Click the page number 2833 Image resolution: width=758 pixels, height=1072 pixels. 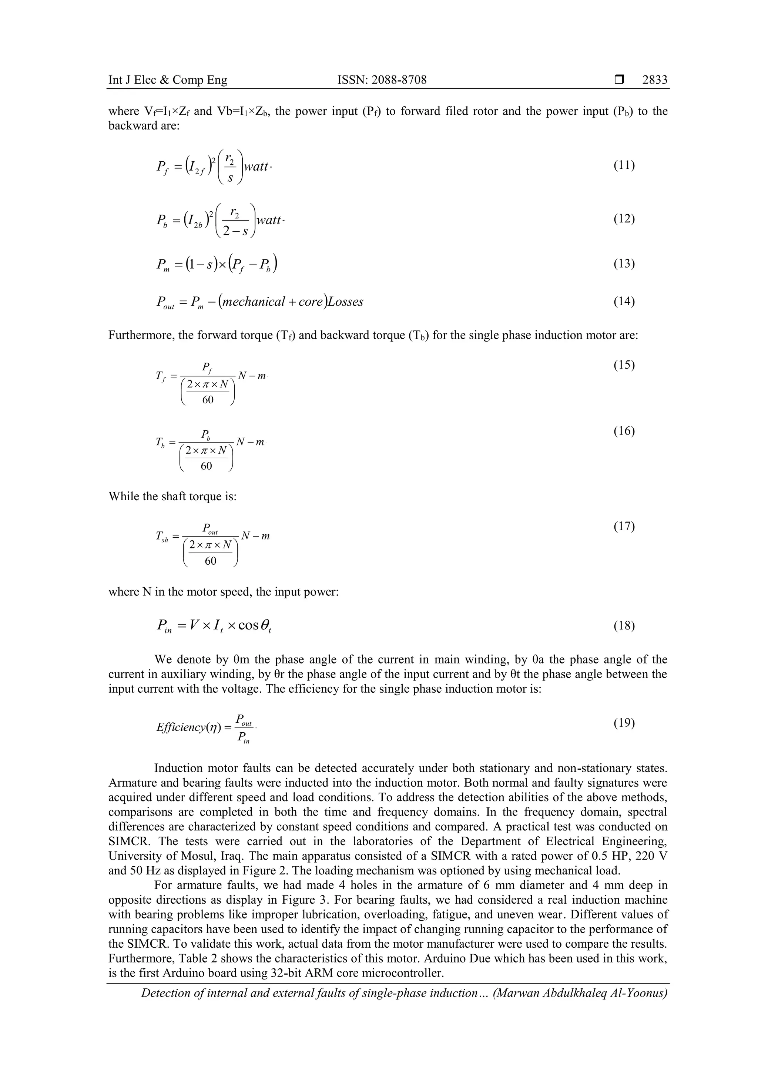(x=655, y=80)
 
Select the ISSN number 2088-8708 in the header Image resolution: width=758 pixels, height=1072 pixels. (x=382, y=80)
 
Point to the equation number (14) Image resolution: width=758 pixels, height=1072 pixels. (x=624, y=301)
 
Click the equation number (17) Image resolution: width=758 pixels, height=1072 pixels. (x=624, y=526)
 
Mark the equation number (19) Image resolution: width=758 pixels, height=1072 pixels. (x=624, y=723)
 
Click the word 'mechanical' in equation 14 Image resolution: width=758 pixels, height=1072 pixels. (x=254, y=302)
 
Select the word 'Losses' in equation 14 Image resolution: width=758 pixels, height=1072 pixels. (x=345, y=302)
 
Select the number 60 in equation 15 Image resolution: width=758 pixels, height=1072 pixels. (x=208, y=400)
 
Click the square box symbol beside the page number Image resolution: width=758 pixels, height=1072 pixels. (x=619, y=80)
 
